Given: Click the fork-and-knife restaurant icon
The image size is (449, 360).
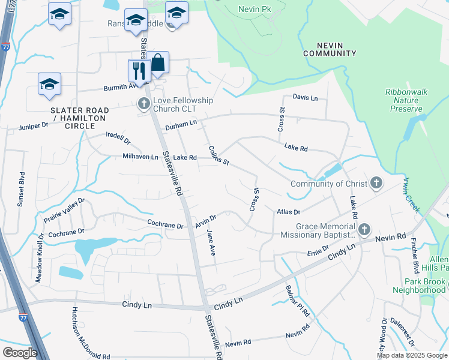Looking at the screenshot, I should (x=139, y=71).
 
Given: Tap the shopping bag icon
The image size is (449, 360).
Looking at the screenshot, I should (x=159, y=63).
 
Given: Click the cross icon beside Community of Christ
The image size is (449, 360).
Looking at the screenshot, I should (x=376, y=183).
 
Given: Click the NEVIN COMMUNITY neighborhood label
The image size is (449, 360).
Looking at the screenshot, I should (x=330, y=49).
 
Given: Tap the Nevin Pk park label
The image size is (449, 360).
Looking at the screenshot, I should (x=256, y=9).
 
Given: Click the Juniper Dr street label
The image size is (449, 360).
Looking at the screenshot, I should (x=33, y=126).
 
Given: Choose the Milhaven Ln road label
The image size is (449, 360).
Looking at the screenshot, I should (x=140, y=157).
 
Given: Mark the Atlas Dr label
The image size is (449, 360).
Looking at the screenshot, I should (x=288, y=212).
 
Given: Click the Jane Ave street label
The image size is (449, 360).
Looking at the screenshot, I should (x=211, y=242).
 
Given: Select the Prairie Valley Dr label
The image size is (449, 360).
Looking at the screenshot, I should (x=65, y=211).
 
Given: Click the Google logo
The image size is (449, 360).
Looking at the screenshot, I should (x=20, y=353).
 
